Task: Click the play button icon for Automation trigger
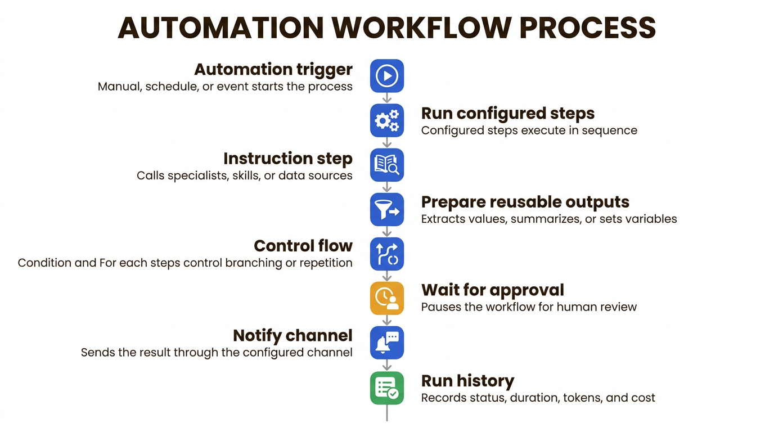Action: (x=386, y=76)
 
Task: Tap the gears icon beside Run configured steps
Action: (x=386, y=120)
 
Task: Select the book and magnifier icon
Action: (x=386, y=165)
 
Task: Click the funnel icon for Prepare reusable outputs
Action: (x=386, y=209)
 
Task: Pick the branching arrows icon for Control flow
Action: (x=386, y=254)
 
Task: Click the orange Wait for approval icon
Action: (x=386, y=298)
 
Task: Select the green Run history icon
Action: (x=386, y=388)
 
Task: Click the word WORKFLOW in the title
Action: (x=421, y=28)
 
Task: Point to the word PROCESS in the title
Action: (x=587, y=28)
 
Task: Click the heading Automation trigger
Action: (x=273, y=69)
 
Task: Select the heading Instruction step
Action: (x=288, y=159)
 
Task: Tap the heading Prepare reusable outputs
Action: (x=525, y=202)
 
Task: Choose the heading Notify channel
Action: (x=292, y=336)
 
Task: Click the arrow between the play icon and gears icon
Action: (x=387, y=98)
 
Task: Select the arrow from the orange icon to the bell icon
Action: (x=387, y=321)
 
